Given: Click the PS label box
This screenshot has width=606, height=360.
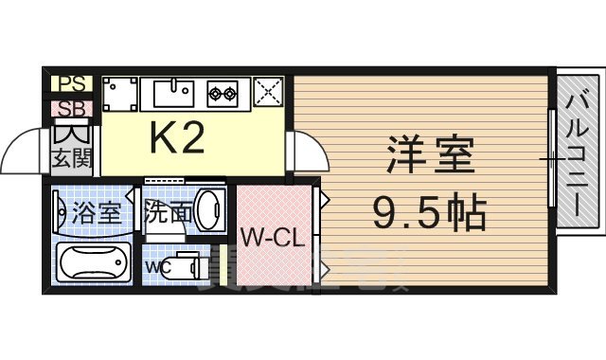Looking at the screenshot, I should coord(71,84).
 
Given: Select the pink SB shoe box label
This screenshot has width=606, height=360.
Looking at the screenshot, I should coord(71,107).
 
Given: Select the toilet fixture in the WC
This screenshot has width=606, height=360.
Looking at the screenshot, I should coord(190,264).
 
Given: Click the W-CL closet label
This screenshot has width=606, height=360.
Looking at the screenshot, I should coord(272,238).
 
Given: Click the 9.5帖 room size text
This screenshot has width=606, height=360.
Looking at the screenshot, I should coord(428,214).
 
